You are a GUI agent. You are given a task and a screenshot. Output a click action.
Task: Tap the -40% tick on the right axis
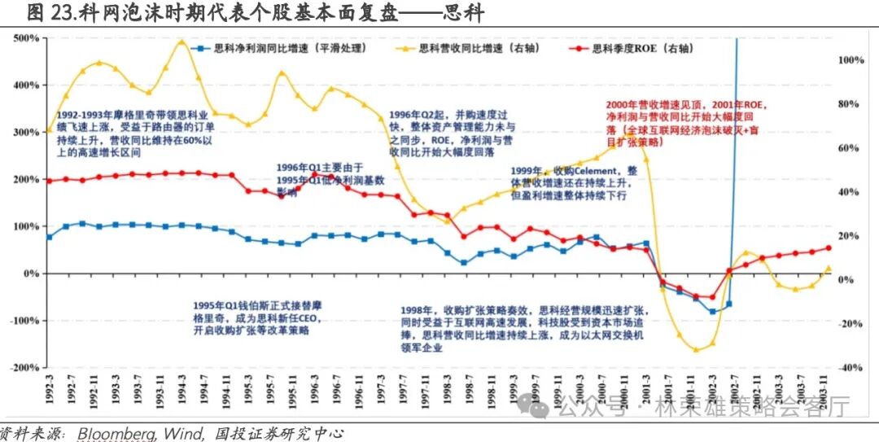point(850,368)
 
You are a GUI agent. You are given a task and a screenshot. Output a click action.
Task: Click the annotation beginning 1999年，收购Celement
point(574,183)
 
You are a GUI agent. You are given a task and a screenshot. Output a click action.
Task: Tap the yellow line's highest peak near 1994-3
point(181,42)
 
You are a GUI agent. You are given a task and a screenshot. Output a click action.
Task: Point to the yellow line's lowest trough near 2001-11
point(696,350)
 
